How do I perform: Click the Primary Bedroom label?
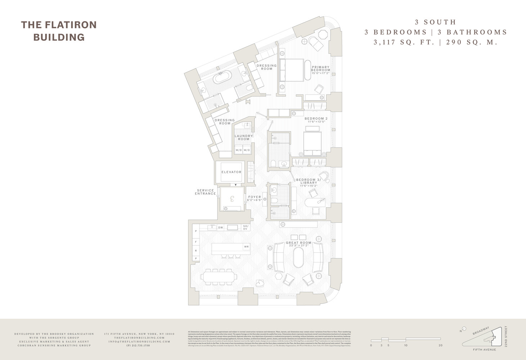coord(320,69)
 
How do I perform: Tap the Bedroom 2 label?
coord(316,119)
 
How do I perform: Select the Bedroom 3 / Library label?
coord(309,181)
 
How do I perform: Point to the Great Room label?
coord(298,243)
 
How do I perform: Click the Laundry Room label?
coord(244,138)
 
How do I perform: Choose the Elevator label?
coord(231,172)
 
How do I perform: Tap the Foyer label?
coord(255,197)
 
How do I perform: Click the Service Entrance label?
coord(205,192)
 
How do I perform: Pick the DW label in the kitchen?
coord(221,228)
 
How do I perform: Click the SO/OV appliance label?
coord(246,228)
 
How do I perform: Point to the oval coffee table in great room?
coord(298,257)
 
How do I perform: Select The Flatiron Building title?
coord(59,31)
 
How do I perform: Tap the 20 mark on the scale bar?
coord(440,345)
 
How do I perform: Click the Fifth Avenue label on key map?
coord(484,350)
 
